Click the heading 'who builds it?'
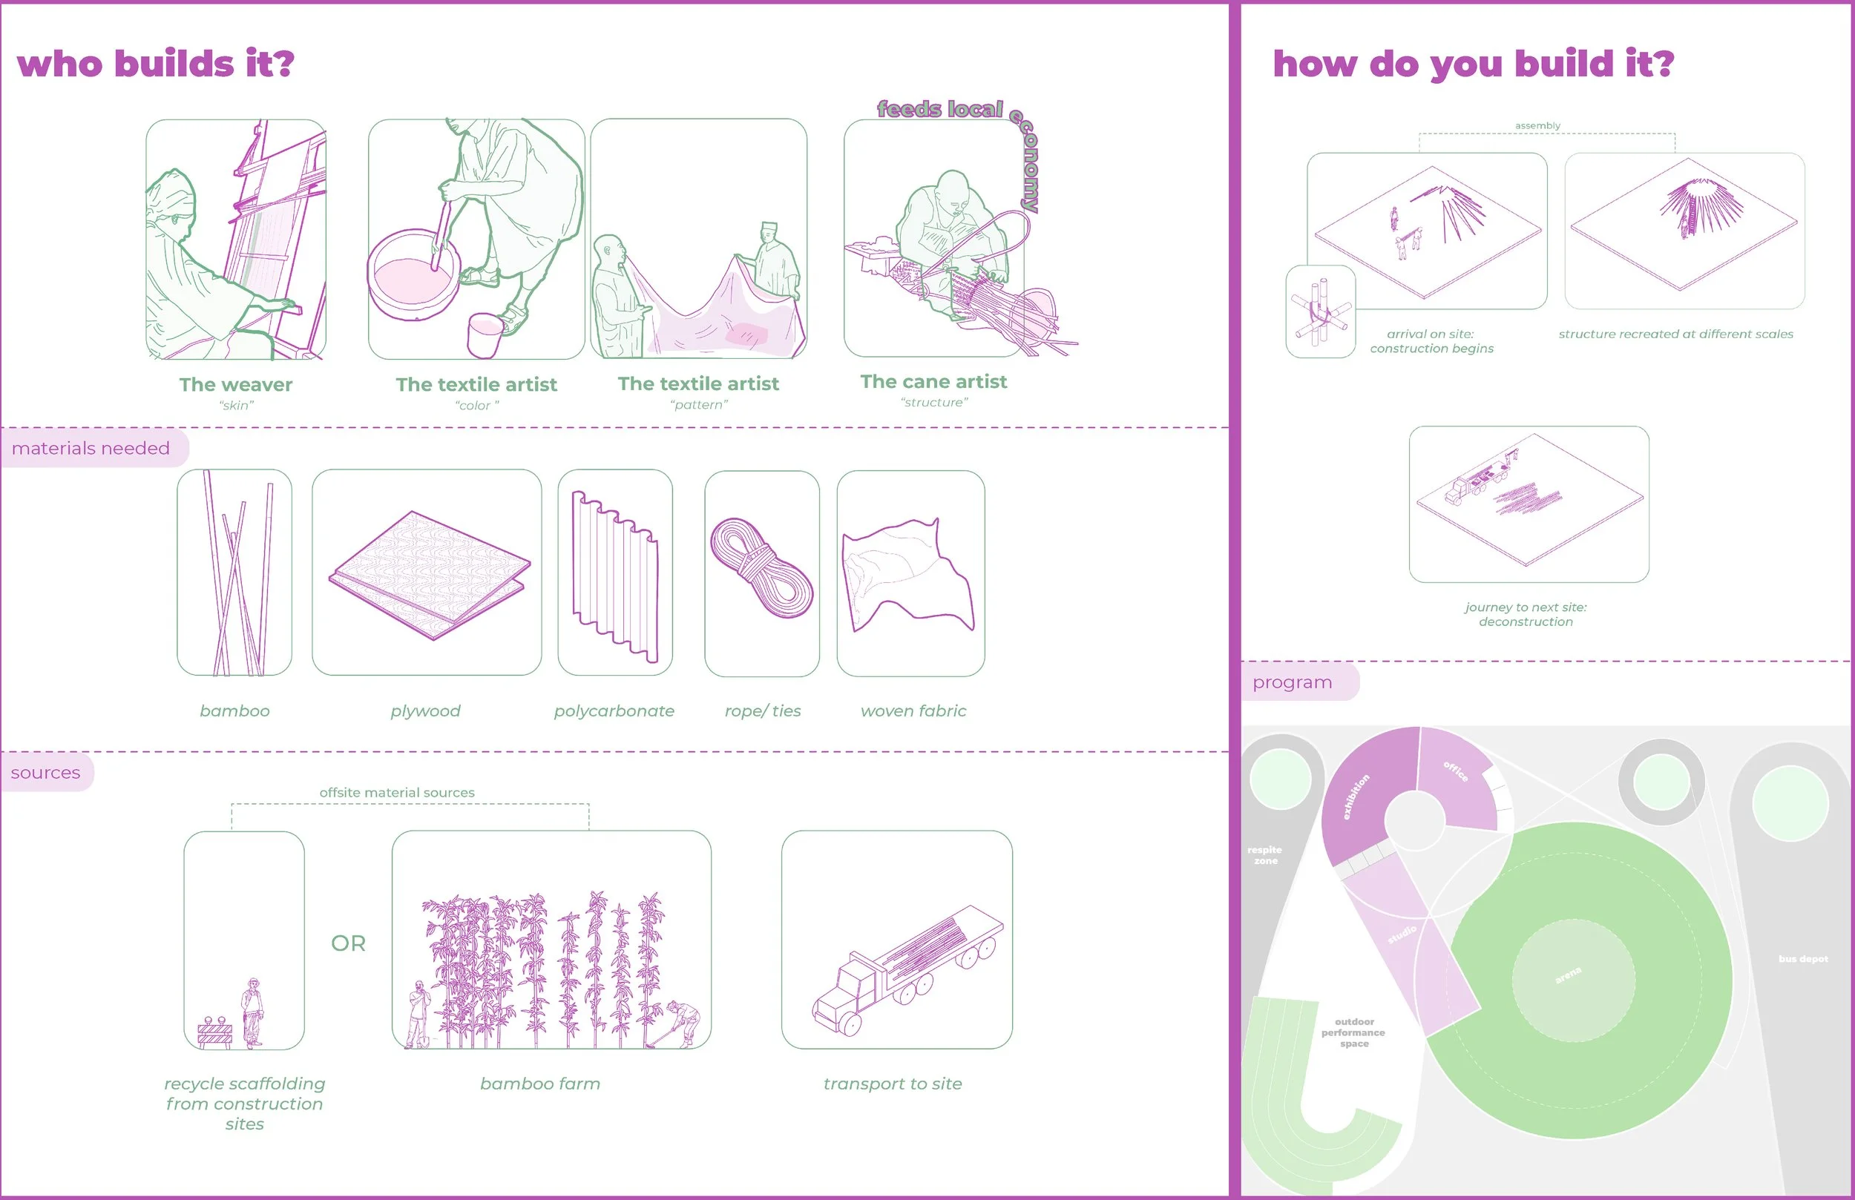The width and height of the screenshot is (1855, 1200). click(x=155, y=64)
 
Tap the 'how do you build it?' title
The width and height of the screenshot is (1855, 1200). click(x=1472, y=64)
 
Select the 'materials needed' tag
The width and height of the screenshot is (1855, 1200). click(x=91, y=448)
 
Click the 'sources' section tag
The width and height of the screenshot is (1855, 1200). click(x=45, y=772)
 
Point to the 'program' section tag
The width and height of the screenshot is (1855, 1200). click(x=1292, y=682)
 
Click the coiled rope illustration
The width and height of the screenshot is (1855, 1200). click(x=761, y=569)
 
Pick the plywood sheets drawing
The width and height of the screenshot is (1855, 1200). click(x=429, y=574)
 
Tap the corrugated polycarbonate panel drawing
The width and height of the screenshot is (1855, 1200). click(x=615, y=576)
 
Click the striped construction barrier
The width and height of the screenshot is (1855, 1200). click(x=214, y=1032)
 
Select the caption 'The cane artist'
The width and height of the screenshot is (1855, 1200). click(x=933, y=382)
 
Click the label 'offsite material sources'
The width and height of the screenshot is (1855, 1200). click(x=397, y=793)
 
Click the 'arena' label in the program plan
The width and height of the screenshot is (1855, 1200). click(x=1568, y=975)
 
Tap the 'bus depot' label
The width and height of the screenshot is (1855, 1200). click(x=1802, y=958)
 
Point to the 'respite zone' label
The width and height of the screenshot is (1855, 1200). click(x=1264, y=855)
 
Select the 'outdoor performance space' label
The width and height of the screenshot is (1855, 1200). click(x=1353, y=1032)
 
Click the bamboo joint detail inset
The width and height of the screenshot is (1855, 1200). click(x=1319, y=311)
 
